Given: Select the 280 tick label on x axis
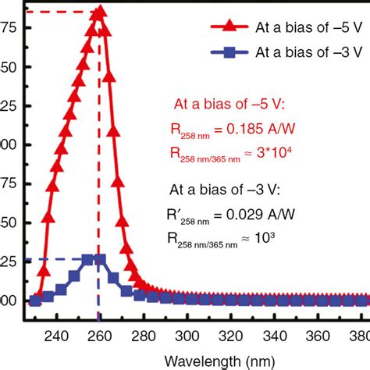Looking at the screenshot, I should coord(142,331).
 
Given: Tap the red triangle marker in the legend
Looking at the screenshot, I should coord(228,28).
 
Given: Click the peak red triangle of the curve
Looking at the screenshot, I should coord(98,12).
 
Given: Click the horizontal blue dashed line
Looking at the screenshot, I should coord(59,259).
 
